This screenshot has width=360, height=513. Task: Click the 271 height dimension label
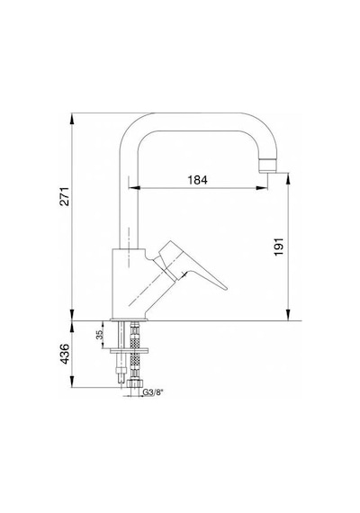pyautogui.click(x=65, y=196)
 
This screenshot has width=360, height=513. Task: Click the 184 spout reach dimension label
pyautogui.click(x=197, y=180)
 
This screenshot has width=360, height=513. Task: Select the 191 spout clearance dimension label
pyautogui.click(x=278, y=247)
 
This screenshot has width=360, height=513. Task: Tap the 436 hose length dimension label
pyautogui.click(x=65, y=354)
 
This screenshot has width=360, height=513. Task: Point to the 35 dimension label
pyautogui.click(x=100, y=335)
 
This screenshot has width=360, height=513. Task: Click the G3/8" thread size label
pyautogui.click(x=153, y=391)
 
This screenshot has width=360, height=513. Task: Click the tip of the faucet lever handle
pyautogui.click(x=226, y=288)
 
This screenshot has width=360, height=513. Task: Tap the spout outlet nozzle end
pyautogui.click(x=267, y=166)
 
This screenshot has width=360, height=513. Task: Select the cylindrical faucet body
pyautogui.click(x=129, y=283)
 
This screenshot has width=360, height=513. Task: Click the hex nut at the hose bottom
pyautogui.click(x=134, y=383)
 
